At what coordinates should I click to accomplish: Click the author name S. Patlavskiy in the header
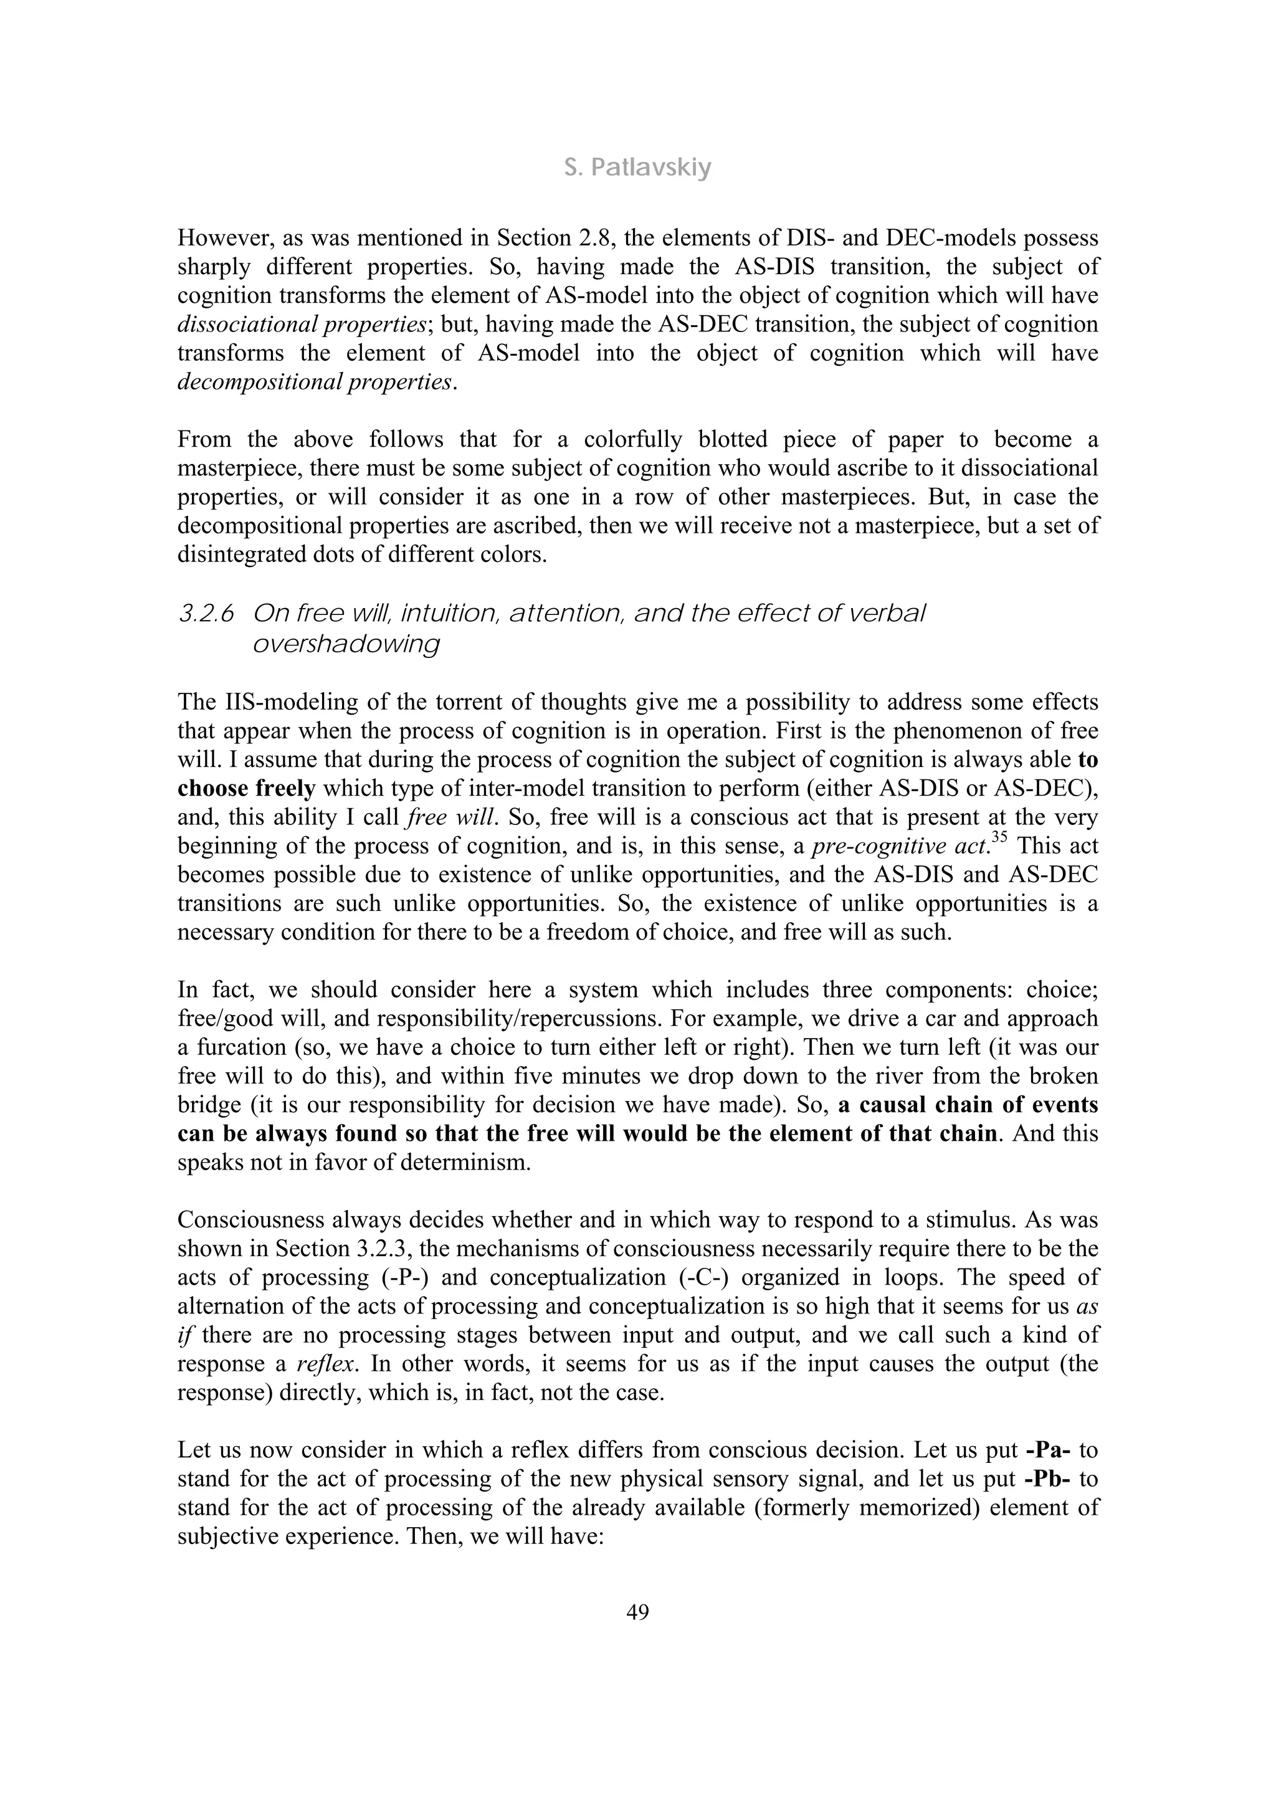click(637, 168)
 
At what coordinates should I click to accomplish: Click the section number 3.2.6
click(206, 614)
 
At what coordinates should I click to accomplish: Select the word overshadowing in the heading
click(346, 644)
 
